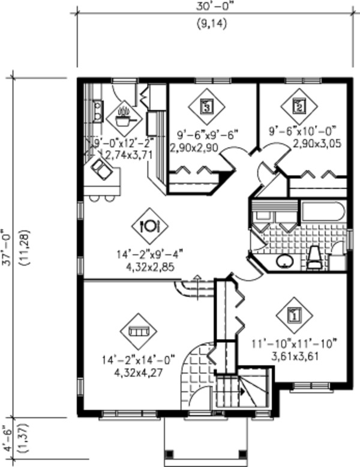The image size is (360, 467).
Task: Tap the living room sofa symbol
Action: pos(138,331)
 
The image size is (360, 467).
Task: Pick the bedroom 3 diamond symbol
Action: pos(206,106)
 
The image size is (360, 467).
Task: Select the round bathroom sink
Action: pos(285,261)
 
